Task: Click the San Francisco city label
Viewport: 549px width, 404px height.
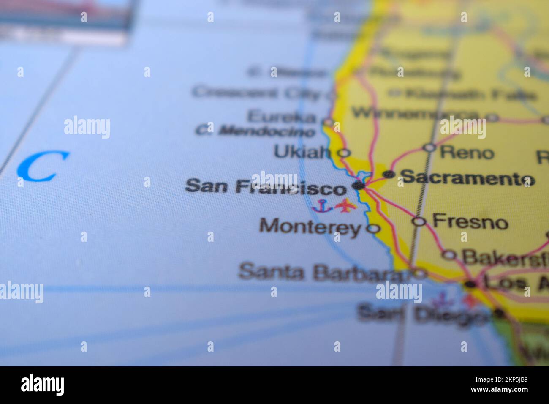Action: pyautogui.click(x=265, y=186)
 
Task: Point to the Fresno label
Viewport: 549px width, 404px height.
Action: pyautogui.click(x=470, y=221)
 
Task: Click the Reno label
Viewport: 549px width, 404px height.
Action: pyautogui.click(x=467, y=152)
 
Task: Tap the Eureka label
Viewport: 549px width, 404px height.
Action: pyautogui.click(x=281, y=116)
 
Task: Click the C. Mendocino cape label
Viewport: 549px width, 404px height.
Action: pyautogui.click(x=255, y=131)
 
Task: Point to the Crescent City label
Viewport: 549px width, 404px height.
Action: pyautogui.click(x=256, y=93)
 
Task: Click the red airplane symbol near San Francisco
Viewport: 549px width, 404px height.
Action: pyautogui.click(x=346, y=206)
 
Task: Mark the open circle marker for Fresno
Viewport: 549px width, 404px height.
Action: pyautogui.click(x=419, y=221)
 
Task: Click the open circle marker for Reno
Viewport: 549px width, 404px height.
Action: pyautogui.click(x=429, y=147)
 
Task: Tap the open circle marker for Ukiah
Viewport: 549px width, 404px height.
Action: pyautogui.click(x=345, y=153)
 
